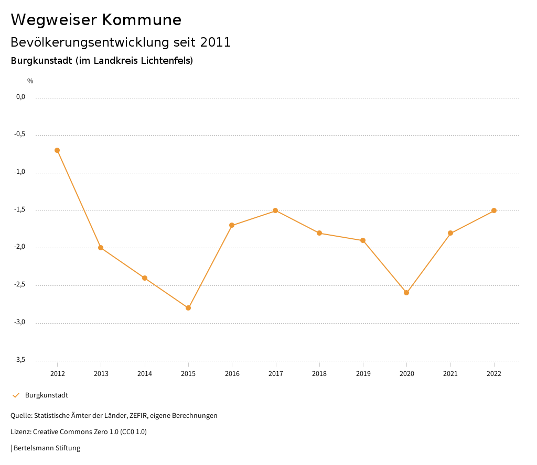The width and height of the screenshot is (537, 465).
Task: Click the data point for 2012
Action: (57, 150)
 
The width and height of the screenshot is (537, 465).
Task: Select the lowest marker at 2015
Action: (188, 308)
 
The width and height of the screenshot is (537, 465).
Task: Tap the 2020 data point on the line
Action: (406, 293)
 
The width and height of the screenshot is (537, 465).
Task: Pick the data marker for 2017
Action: (275, 211)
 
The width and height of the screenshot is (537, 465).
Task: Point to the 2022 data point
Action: (494, 211)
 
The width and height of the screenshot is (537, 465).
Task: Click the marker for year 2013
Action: (101, 248)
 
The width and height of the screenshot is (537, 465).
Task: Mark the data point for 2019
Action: (363, 240)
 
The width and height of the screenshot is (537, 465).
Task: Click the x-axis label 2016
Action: (232, 374)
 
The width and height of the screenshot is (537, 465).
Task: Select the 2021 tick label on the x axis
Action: (450, 374)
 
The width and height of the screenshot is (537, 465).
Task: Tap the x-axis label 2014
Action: (145, 374)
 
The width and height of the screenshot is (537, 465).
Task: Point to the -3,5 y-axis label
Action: (20, 360)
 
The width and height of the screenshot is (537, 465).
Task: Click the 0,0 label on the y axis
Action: (21, 97)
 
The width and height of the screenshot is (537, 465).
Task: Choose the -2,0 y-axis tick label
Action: (20, 247)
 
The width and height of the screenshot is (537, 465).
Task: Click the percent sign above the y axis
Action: (30, 81)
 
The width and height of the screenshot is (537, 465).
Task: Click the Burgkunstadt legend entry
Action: (47, 395)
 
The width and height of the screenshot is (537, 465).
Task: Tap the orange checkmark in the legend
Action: (16, 395)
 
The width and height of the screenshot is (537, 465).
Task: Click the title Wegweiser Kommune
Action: (96, 20)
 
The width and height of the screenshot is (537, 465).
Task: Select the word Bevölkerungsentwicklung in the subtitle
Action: (88, 42)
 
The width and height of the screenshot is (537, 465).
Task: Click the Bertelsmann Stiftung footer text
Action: (47, 448)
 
